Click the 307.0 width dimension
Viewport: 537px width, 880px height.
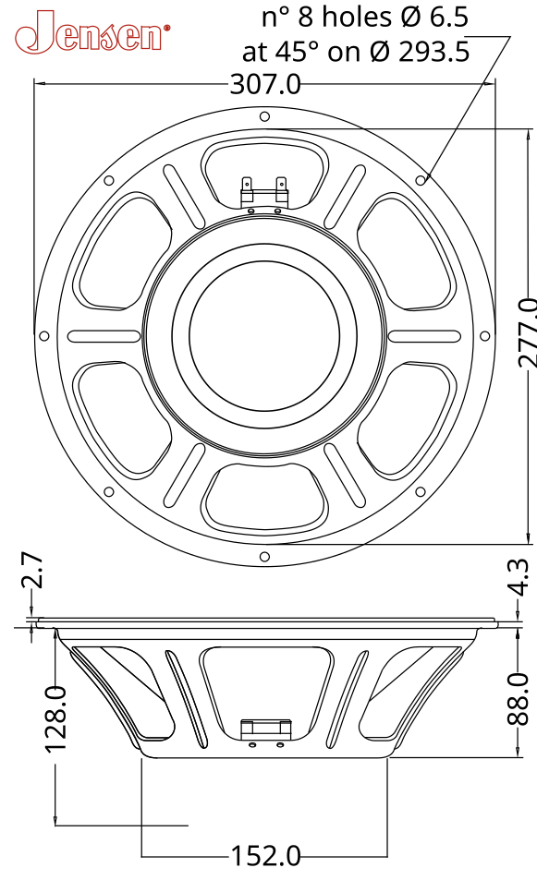pyautogui.click(x=265, y=85)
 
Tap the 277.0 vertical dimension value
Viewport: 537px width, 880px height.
pyautogui.click(x=525, y=332)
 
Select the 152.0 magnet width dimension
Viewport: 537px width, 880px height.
pyautogui.click(x=265, y=856)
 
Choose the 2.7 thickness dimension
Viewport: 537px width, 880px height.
pyautogui.click(x=32, y=572)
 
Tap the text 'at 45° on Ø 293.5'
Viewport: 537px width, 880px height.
pyautogui.click(x=356, y=52)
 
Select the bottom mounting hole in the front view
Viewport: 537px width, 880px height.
pyautogui.click(x=265, y=556)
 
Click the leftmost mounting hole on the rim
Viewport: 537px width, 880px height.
pyautogui.click(x=44, y=336)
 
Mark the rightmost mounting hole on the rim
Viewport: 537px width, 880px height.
pyautogui.click(x=485, y=336)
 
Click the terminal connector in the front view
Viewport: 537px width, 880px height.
pyautogui.click(x=264, y=190)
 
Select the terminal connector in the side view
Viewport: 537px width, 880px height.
pyautogui.click(x=264, y=729)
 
